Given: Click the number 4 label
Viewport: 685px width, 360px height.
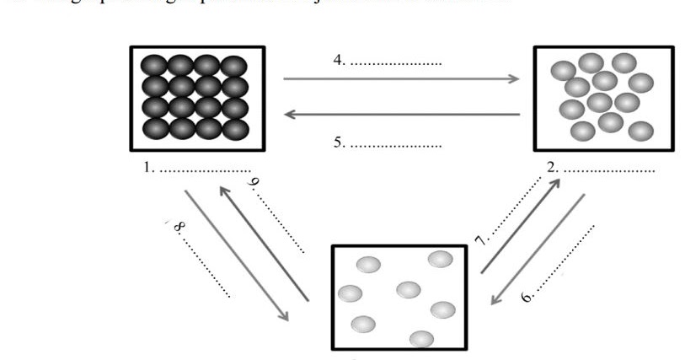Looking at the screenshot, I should click(338, 62).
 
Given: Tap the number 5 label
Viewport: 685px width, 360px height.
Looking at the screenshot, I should click(338, 144).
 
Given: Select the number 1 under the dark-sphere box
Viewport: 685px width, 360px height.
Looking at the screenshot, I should click(148, 168).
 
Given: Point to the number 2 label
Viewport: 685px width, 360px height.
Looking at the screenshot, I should click(552, 168).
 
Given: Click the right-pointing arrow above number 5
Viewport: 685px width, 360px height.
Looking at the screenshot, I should click(401, 79).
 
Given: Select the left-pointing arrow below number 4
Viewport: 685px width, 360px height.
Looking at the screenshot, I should click(401, 114).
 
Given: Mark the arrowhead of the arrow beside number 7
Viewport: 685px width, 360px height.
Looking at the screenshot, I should click(553, 184).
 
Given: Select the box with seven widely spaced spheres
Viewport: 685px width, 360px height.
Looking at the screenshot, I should click(399, 296).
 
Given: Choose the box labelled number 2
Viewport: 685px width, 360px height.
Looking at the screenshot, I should click(604, 98).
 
